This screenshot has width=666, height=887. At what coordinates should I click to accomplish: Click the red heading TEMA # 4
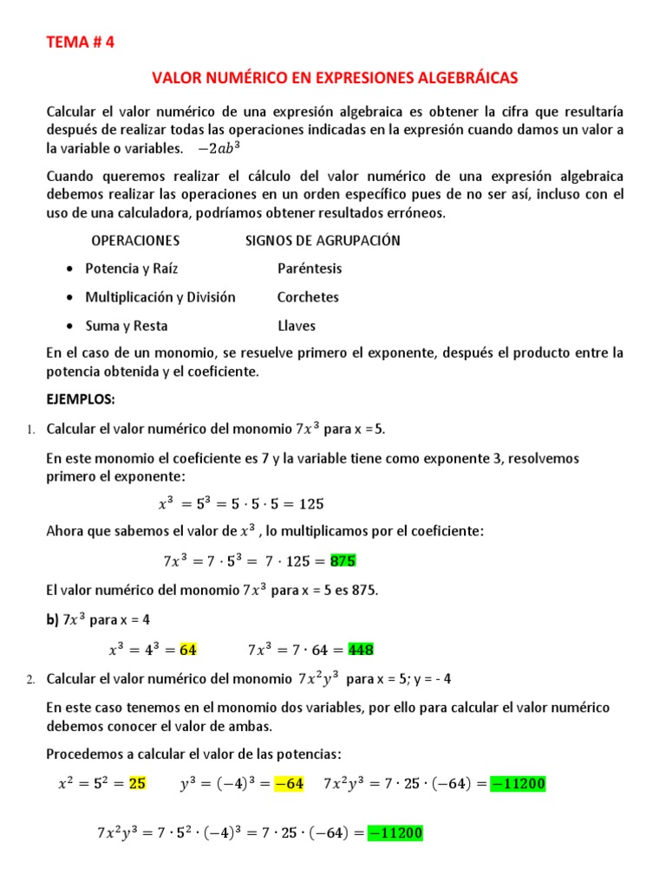[x=79, y=42]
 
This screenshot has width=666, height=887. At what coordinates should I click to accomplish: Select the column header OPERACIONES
[x=135, y=240]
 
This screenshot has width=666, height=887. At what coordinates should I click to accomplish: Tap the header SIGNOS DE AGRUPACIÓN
[x=323, y=240]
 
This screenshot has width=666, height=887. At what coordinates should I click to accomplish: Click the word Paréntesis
[x=310, y=269]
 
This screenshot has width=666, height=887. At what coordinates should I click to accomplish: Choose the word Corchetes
[x=308, y=297]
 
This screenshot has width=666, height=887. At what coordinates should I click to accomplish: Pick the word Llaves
[x=297, y=326]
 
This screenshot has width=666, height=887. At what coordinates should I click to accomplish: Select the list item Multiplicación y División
[x=160, y=297]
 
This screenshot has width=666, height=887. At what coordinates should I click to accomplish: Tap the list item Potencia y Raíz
[x=131, y=269]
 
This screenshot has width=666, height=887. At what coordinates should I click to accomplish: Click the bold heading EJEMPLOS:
[x=81, y=400]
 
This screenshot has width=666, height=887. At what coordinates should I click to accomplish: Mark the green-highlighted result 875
[x=343, y=560]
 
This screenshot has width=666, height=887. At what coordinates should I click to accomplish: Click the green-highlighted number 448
[x=361, y=649]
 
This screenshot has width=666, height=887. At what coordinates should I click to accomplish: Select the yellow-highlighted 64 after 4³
[x=188, y=649]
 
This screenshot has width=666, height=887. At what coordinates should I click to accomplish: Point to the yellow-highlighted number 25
[x=137, y=784]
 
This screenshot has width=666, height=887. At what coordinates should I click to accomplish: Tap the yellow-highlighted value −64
[x=288, y=784]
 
